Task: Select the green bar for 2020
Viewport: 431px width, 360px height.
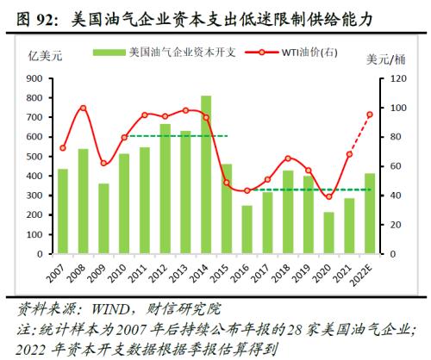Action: pos(328,233)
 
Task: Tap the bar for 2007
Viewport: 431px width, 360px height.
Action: pos(63,211)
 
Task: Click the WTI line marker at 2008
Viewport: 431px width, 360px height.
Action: pos(83,109)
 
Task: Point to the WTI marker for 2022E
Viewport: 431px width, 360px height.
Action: pos(370,115)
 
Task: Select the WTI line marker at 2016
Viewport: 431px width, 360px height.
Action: pos(247,190)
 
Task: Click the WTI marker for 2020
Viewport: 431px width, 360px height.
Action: pos(328,197)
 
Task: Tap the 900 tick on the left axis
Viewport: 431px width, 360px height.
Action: pos(34,78)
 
